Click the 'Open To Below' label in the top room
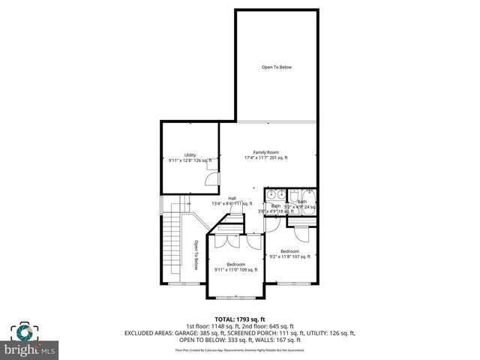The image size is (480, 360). pyautogui.click(x=276, y=67)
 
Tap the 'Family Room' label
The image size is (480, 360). pyautogui.click(x=265, y=152)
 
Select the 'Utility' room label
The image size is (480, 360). pyautogui.click(x=190, y=155)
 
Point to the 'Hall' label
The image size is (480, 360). pyautogui.click(x=232, y=198)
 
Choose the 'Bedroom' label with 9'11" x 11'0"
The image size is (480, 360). pyautogui.click(x=236, y=264)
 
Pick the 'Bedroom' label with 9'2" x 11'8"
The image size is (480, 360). pyautogui.click(x=290, y=251)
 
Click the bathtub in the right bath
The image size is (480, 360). pyautogui.click(x=307, y=202)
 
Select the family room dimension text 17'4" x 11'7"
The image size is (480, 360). pyautogui.click(x=265, y=158)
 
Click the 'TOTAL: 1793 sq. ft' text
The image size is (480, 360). pyautogui.click(x=239, y=319)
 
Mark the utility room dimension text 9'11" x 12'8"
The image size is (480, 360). pyautogui.click(x=190, y=160)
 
